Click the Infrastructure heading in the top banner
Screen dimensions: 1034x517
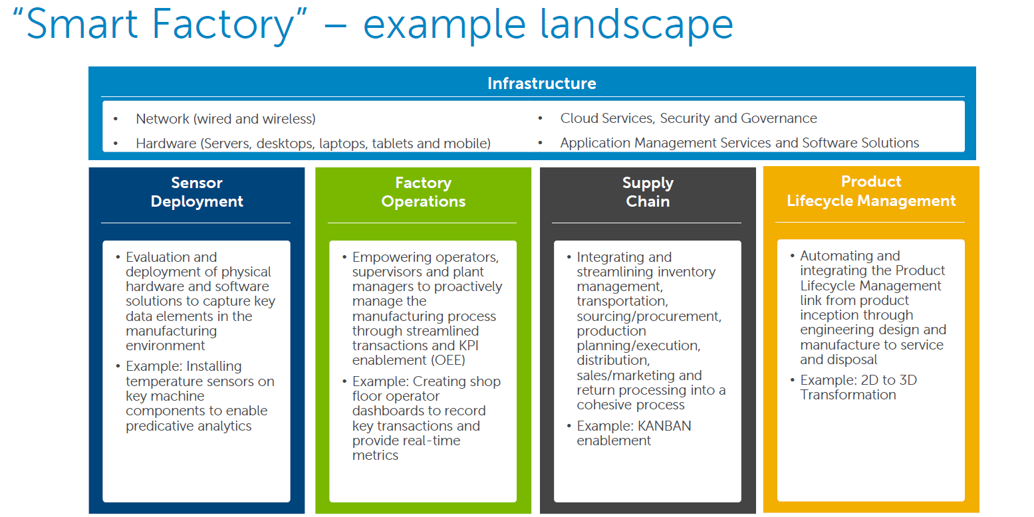coord(541,84)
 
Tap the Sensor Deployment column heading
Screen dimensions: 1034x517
coord(197,192)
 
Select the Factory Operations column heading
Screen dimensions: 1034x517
coord(424,192)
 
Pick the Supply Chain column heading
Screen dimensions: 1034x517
coord(648,192)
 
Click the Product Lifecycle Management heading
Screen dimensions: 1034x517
coord(871,191)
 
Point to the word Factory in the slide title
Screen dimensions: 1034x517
coord(223,25)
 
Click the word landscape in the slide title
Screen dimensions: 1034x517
coord(636,25)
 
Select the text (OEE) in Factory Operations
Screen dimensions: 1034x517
coord(448,360)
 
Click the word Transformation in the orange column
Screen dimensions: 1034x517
coord(848,395)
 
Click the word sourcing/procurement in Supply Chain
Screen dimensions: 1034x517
coord(648,316)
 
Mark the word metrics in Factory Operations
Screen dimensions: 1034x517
coord(375,456)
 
